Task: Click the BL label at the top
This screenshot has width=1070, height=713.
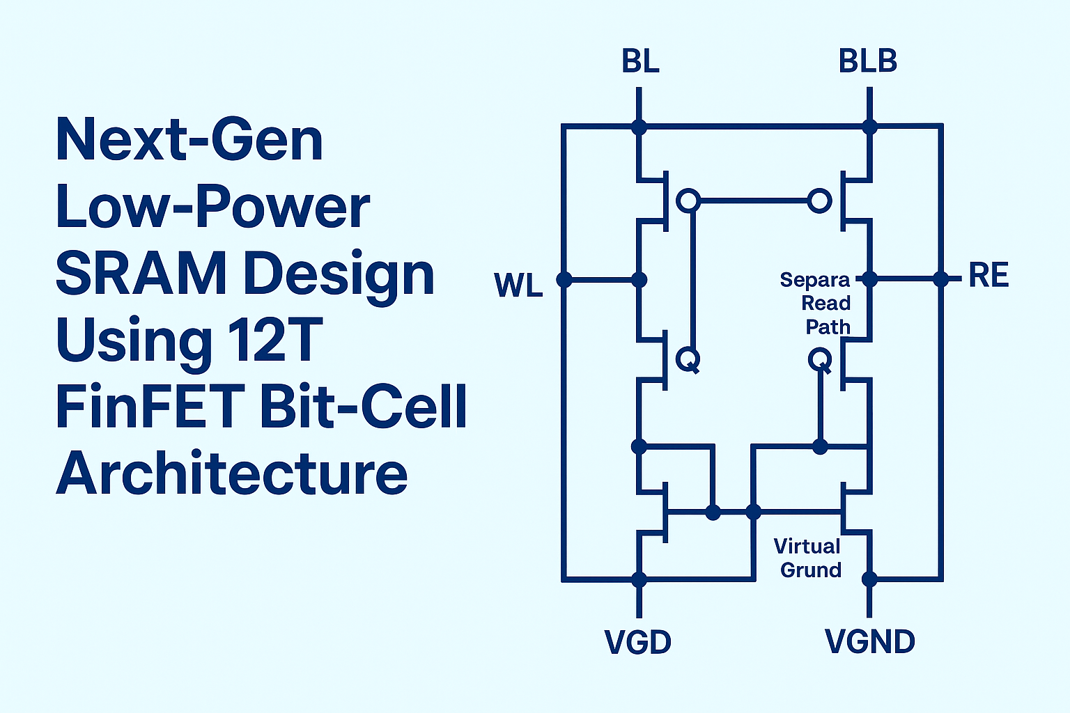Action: click(640, 61)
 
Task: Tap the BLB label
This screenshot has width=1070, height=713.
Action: click(868, 61)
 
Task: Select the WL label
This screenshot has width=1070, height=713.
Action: click(518, 285)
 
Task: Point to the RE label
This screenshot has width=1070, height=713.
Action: click(988, 276)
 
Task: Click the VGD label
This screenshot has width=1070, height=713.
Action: click(638, 642)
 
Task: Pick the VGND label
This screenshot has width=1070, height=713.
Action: click(869, 642)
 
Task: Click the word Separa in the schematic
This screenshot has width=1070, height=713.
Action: click(815, 280)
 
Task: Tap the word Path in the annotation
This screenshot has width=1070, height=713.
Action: click(828, 327)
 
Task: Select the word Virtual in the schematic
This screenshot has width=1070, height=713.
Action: click(807, 546)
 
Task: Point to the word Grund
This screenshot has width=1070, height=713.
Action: click(811, 570)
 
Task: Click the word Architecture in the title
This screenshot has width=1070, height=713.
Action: click(231, 473)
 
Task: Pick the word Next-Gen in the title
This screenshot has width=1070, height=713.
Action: click(189, 140)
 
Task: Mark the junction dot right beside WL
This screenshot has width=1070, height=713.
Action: click(564, 280)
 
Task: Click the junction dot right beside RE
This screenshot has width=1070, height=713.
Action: click(941, 279)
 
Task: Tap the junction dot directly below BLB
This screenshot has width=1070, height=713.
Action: click(869, 127)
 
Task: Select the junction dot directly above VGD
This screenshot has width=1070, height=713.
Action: click(639, 579)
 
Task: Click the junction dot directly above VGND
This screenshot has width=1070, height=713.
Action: click(869, 579)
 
